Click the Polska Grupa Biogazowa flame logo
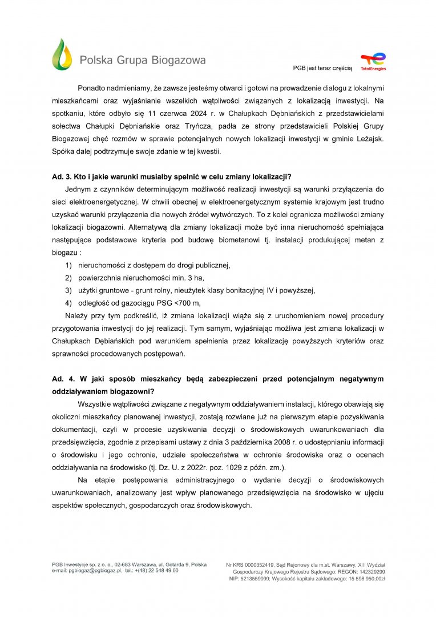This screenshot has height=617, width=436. coord(62,55)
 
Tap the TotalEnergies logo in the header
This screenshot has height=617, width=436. coord(373,61)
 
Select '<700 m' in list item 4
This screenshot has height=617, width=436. coord(186,303)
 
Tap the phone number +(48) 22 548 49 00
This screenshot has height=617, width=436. coord(157,570)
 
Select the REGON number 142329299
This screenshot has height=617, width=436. coord(369,571)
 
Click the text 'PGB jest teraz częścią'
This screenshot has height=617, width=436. coord(322,67)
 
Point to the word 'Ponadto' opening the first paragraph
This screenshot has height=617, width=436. coord(92,89)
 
